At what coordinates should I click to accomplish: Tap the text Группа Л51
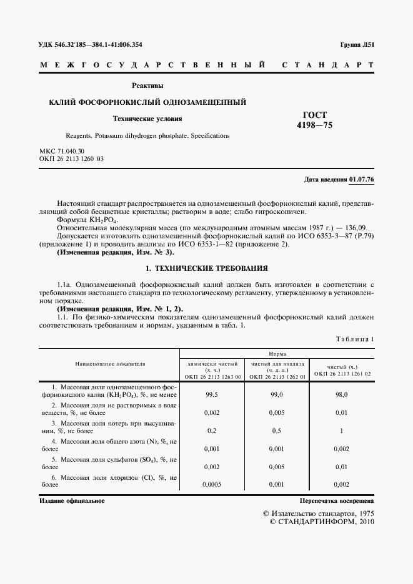point(356,45)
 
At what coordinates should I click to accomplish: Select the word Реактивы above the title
point(147,85)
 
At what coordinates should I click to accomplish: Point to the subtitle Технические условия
point(147,118)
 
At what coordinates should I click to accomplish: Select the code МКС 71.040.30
point(62,152)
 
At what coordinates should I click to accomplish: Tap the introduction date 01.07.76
point(361,179)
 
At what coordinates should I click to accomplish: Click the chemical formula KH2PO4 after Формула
point(104,221)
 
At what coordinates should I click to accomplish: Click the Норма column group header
point(277,353)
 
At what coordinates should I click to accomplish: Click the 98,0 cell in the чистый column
point(342,395)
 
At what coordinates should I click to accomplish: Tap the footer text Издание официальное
point(72,501)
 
